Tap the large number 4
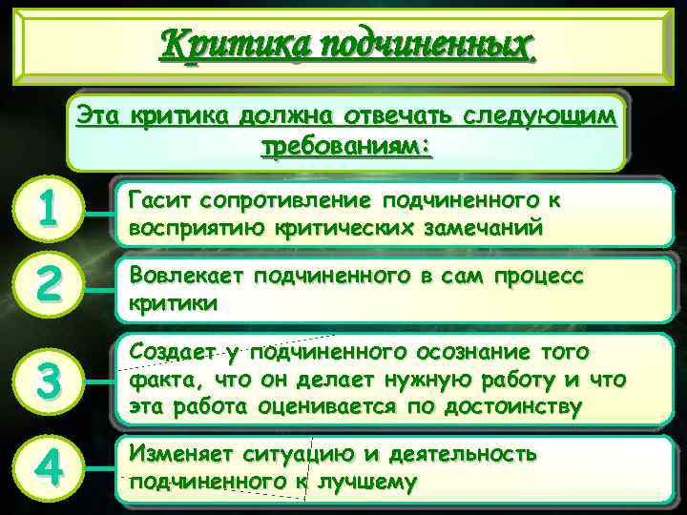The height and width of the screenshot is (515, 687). click(45, 468)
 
